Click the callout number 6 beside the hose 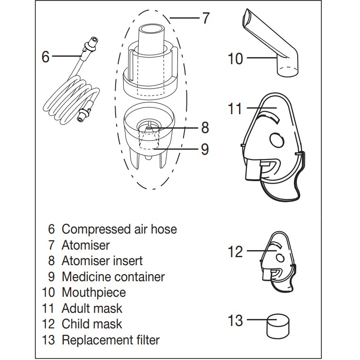(x=46, y=57)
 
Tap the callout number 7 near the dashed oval (x=205, y=18)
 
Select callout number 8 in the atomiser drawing (x=204, y=127)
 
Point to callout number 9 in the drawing (x=204, y=149)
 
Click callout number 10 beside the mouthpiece (x=235, y=59)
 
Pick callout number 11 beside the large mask (x=234, y=109)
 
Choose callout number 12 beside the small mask (x=235, y=251)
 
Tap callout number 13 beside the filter (x=235, y=321)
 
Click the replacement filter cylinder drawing (x=277, y=325)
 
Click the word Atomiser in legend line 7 (x=85, y=245)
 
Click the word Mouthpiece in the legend (x=94, y=293)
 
